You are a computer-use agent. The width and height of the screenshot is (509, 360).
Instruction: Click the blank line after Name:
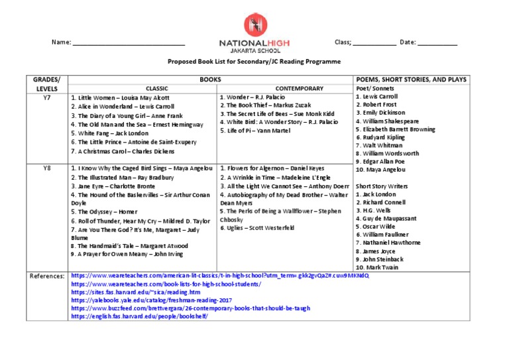pyautogui.click(x=129, y=43)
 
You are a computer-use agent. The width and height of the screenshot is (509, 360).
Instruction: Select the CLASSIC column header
pyautogui.click(x=157, y=88)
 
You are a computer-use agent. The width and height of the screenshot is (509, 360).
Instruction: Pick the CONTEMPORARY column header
pyautogui.click(x=286, y=88)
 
